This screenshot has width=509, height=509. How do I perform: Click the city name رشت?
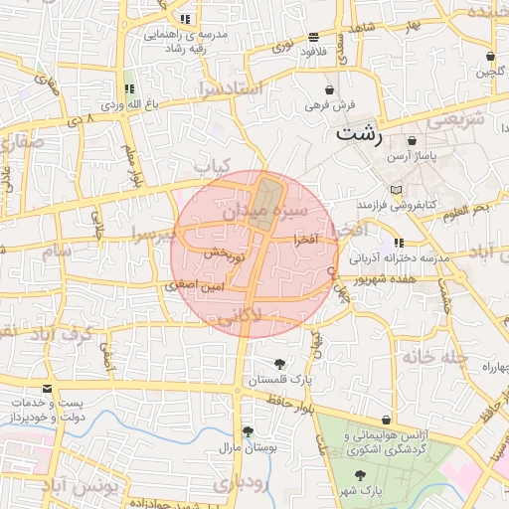point(360,135)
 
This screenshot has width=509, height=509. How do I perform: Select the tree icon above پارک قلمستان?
point(280,363)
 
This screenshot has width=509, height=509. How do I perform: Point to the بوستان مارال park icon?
point(248,431)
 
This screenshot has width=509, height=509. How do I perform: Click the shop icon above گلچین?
point(493,56)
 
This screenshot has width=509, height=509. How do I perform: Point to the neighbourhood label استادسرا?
point(230,88)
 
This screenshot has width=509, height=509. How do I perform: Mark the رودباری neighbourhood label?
point(239,485)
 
